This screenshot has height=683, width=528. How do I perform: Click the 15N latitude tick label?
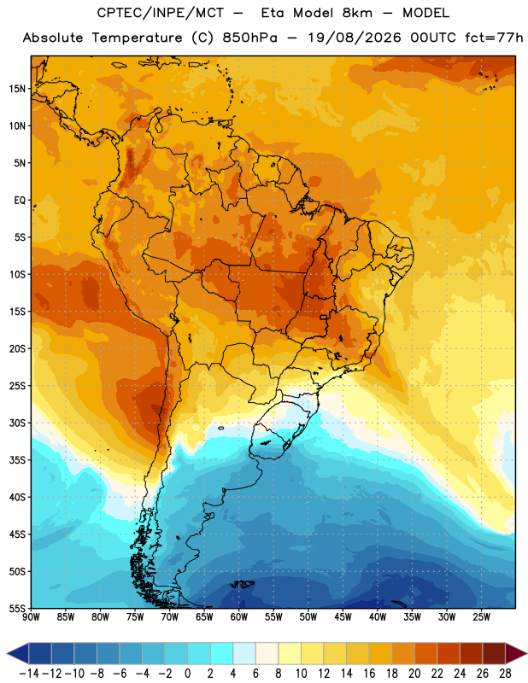(x=17, y=89)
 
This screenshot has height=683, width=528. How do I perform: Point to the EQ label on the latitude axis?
(x=20, y=201)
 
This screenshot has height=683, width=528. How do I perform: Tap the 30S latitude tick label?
(x=17, y=423)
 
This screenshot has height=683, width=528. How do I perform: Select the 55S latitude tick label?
(x=17, y=608)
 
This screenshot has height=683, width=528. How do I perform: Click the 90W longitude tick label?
(x=31, y=617)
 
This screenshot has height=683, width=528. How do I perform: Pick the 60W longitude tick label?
(x=239, y=617)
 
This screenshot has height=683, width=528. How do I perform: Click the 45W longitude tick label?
(x=343, y=617)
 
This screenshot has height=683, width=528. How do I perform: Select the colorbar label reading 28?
(x=505, y=674)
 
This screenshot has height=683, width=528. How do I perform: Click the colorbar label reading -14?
(x=29, y=674)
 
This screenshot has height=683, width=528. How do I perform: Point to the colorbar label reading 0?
(x=187, y=674)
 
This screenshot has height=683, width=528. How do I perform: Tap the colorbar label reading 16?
(x=369, y=674)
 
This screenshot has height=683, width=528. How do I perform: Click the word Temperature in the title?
(x=137, y=38)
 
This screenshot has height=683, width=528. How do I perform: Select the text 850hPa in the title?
(x=249, y=38)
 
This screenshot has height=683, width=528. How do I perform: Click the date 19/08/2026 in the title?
(x=354, y=38)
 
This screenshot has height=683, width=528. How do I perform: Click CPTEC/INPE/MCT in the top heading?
(x=160, y=13)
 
